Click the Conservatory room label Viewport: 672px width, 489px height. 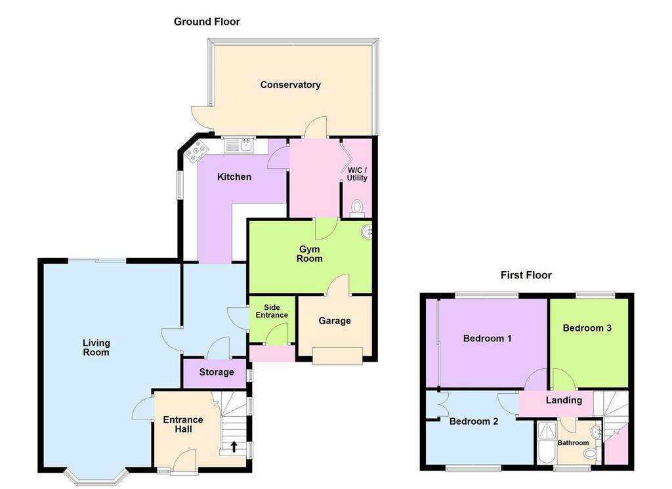(290, 85)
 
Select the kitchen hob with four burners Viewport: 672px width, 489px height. (196, 152)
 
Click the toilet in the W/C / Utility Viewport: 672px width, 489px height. (357, 207)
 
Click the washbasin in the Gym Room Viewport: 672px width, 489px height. (367, 231)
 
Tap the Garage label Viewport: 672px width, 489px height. (335, 321)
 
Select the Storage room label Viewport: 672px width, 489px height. (217, 372)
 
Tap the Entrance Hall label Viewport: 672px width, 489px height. (183, 424)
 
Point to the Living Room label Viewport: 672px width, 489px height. (96, 347)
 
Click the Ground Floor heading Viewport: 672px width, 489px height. (207, 22)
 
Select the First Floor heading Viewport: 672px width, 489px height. (526, 275)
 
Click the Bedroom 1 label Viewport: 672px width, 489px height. (487, 339)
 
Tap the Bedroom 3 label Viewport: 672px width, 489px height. (587, 328)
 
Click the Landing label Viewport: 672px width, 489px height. (564, 400)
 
